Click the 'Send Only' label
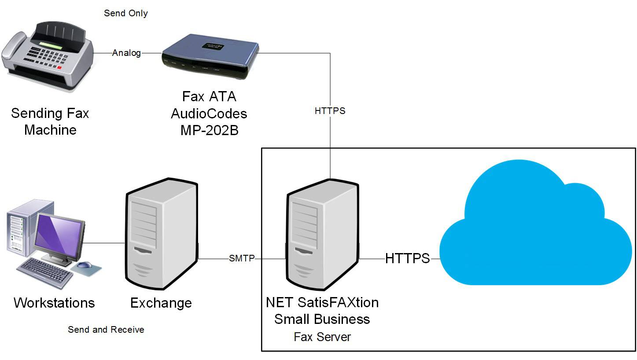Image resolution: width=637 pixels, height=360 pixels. pyautogui.click(x=125, y=13)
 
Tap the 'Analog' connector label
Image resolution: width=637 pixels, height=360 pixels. pyautogui.click(x=126, y=53)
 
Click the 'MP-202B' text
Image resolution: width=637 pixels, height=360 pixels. pyautogui.click(x=209, y=130)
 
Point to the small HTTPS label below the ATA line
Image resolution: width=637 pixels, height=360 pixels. pyautogui.click(x=330, y=111)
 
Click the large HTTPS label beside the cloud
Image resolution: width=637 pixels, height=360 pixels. pyautogui.click(x=407, y=258)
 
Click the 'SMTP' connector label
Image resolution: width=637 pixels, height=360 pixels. pyautogui.click(x=242, y=258)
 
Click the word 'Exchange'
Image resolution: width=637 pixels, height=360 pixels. pyautogui.click(x=161, y=303)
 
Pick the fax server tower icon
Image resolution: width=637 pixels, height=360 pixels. pyautogui.click(x=323, y=235)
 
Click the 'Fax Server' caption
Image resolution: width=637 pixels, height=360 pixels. pyautogui.click(x=322, y=337)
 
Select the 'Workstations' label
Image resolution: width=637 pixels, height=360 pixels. pyautogui.click(x=54, y=303)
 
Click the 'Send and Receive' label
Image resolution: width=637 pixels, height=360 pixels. pyautogui.click(x=106, y=330)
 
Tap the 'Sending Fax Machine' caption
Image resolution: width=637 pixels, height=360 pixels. pyautogui.click(x=50, y=121)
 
